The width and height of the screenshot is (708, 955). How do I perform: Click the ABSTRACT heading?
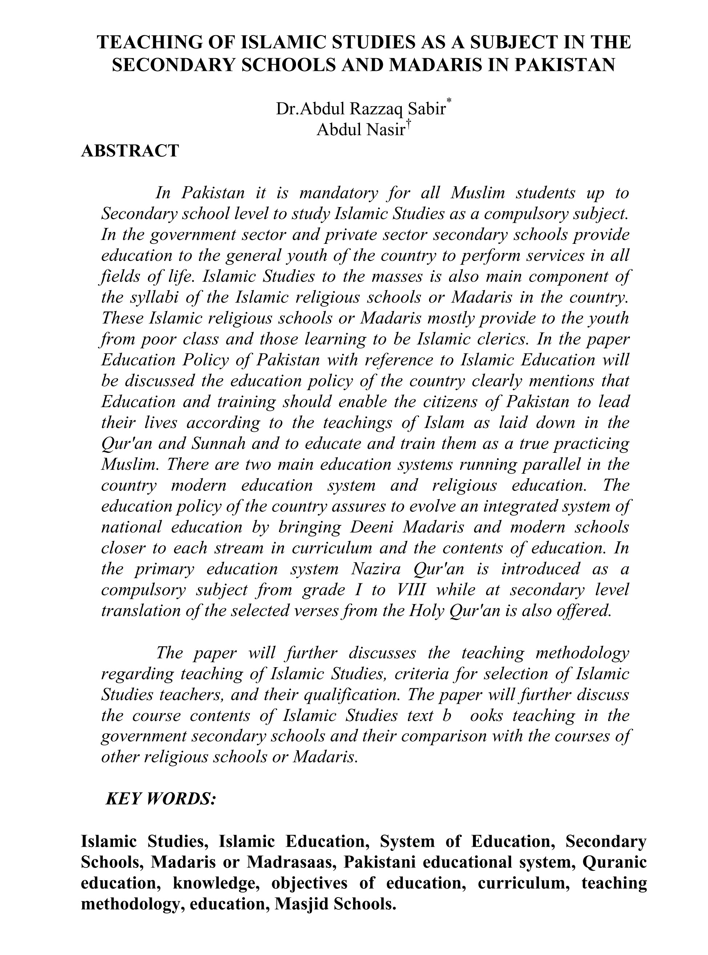130,151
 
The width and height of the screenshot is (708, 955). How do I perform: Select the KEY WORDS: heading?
160,798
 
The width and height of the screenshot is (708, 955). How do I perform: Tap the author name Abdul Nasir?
360,129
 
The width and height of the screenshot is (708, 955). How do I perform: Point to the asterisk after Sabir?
449,101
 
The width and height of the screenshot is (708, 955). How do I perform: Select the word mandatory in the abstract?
338,193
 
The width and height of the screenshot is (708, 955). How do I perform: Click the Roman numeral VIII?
411,590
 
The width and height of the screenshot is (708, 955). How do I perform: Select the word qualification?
351,695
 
